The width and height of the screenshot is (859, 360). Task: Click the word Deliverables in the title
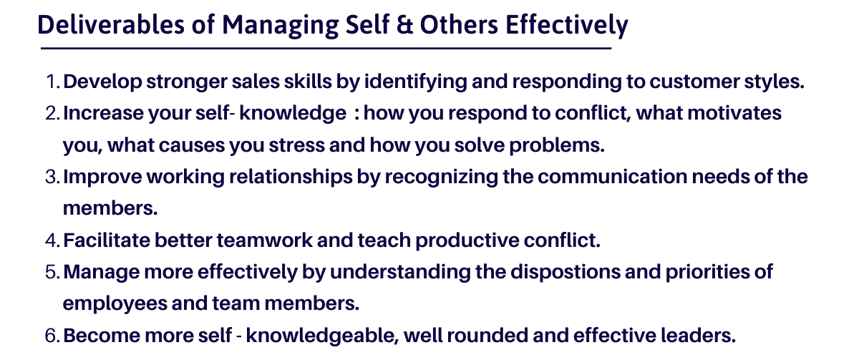pos(111,24)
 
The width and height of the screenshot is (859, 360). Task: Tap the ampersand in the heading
pos(404,25)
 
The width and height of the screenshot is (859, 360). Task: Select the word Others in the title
pos(459,24)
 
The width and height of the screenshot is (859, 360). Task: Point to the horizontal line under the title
pos(326,48)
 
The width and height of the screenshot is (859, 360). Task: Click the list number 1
pos(52,82)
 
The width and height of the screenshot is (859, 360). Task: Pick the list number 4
pos(52,240)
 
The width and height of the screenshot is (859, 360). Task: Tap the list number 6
pos(52,336)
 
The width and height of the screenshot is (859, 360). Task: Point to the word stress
pos(296,145)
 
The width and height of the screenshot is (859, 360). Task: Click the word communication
pos(613,177)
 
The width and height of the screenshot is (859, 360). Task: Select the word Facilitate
pos(107,240)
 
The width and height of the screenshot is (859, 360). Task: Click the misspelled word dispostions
pos(566,273)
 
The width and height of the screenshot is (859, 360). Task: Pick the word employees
pos(115,304)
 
